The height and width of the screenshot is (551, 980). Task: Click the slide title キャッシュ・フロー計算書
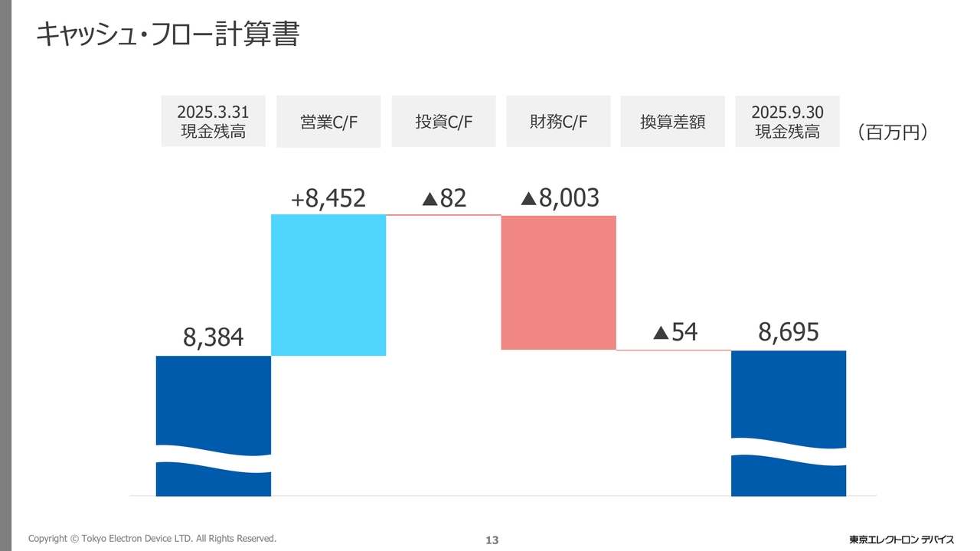click(167, 34)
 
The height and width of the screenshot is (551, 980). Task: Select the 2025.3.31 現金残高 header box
click(213, 121)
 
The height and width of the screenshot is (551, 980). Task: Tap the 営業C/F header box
click(328, 122)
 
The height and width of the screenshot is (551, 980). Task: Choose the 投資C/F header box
click(443, 122)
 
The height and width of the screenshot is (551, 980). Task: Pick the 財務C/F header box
click(558, 122)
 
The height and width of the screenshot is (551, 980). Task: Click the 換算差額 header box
click(672, 122)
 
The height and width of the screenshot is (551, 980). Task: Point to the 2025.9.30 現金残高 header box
click(787, 122)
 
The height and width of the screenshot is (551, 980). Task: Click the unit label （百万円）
click(893, 132)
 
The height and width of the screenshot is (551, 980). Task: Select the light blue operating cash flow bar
click(328, 285)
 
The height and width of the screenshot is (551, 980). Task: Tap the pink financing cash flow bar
click(558, 282)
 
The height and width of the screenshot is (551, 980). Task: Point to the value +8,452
click(328, 199)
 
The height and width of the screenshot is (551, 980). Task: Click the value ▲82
click(444, 199)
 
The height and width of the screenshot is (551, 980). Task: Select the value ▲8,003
click(560, 198)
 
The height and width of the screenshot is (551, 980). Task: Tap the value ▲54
click(675, 332)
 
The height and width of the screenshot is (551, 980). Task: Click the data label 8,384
click(213, 337)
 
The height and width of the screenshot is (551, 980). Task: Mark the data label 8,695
click(789, 332)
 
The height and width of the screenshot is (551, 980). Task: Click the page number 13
click(492, 540)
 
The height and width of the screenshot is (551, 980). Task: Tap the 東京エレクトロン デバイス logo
click(901, 540)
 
